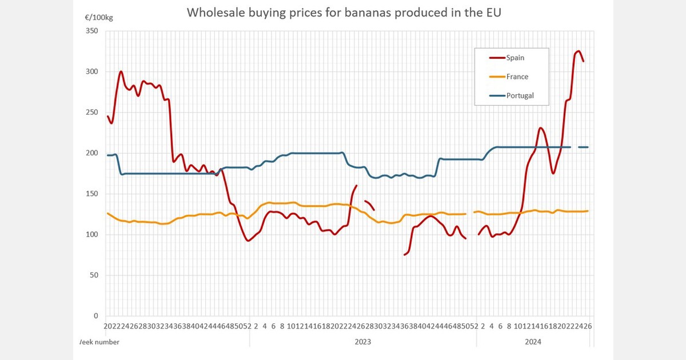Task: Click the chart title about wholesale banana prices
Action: point(344,13)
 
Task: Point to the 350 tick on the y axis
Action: point(92,31)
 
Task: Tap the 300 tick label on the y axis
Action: point(92,71)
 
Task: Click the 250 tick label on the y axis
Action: point(92,113)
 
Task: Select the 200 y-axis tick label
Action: point(92,153)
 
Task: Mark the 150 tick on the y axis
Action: point(92,194)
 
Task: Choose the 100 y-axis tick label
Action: point(92,234)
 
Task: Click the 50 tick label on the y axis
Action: point(94,275)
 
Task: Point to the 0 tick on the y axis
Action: point(96,316)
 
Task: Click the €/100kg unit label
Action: point(99,18)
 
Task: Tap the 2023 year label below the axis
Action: point(362,342)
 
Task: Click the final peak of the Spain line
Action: point(578,51)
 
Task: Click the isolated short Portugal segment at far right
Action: point(583,147)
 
